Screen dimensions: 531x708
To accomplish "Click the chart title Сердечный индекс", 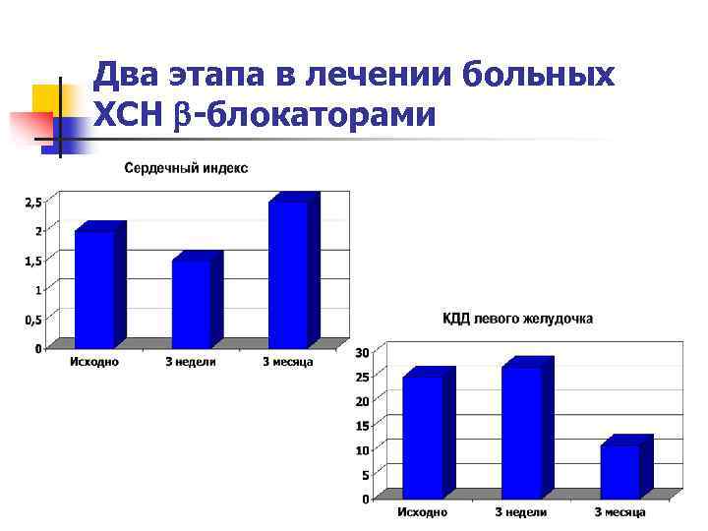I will click(x=186, y=168).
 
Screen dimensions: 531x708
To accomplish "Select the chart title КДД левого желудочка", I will click(x=517, y=319).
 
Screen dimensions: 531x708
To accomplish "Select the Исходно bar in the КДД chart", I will click(x=423, y=436).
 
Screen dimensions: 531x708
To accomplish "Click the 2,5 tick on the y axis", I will click(x=32, y=203).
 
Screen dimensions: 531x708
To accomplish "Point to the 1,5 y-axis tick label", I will click(x=32, y=261).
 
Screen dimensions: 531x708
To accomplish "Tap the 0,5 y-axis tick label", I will click(x=32, y=320).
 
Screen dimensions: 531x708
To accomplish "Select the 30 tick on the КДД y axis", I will click(x=362, y=353).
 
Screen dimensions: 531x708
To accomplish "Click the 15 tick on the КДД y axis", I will click(x=362, y=426).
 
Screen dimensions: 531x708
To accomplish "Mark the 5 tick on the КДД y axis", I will click(x=365, y=475).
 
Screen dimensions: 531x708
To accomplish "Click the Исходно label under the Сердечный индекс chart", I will click(x=93, y=362).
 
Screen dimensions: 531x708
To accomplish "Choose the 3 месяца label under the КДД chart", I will click(x=619, y=512).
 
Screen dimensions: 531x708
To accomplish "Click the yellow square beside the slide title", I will click(x=46, y=98).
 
